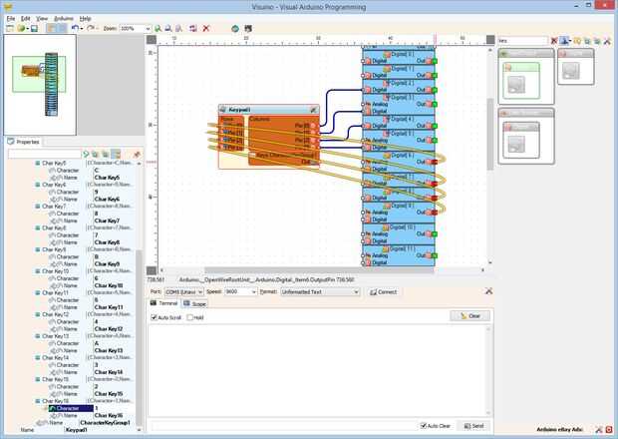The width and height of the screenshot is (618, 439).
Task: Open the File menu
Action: pyautogui.click(x=10, y=18)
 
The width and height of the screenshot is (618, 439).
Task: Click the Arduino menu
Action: pyautogui.click(x=63, y=18)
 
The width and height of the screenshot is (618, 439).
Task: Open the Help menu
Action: pyautogui.click(x=86, y=18)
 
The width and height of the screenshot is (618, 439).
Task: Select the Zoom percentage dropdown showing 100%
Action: pyautogui.click(x=134, y=28)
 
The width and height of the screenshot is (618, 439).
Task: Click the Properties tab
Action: pyautogui.click(x=27, y=142)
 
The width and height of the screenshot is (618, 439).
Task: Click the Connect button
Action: pyautogui.click(x=384, y=292)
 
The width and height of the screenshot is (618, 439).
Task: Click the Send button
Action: pyautogui.click(x=473, y=425)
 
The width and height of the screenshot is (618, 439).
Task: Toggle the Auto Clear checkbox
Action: pyautogui.click(x=424, y=425)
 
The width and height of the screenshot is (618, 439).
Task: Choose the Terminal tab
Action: pyautogui.click(x=164, y=302)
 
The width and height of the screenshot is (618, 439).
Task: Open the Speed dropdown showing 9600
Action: pyautogui.click(x=239, y=292)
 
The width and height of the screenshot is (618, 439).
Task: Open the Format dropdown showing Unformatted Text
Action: pyautogui.click(x=319, y=292)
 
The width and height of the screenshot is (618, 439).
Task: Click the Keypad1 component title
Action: pyautogui.click(x=240, y=109)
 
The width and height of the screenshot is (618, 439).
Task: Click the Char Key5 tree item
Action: pyautogui.click(x=55, y=163)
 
